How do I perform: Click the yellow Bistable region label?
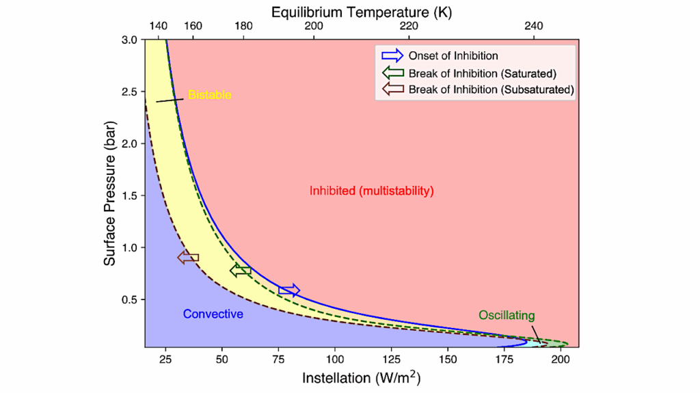(x=209, y=95)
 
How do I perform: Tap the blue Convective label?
(x=213, y=314)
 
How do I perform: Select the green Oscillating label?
(x=506, y=315)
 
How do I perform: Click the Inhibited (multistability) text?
(x=372, y=191)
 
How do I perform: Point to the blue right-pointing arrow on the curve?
(x=289, y=290)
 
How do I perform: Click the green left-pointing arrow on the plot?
(x=240, y=271)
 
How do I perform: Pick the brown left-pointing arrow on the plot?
(x=188, y=258)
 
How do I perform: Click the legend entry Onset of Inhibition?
(x=453, y=55)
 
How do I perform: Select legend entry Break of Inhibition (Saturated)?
(x=482, y=72)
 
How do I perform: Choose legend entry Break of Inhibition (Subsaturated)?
(x=490, y=90)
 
